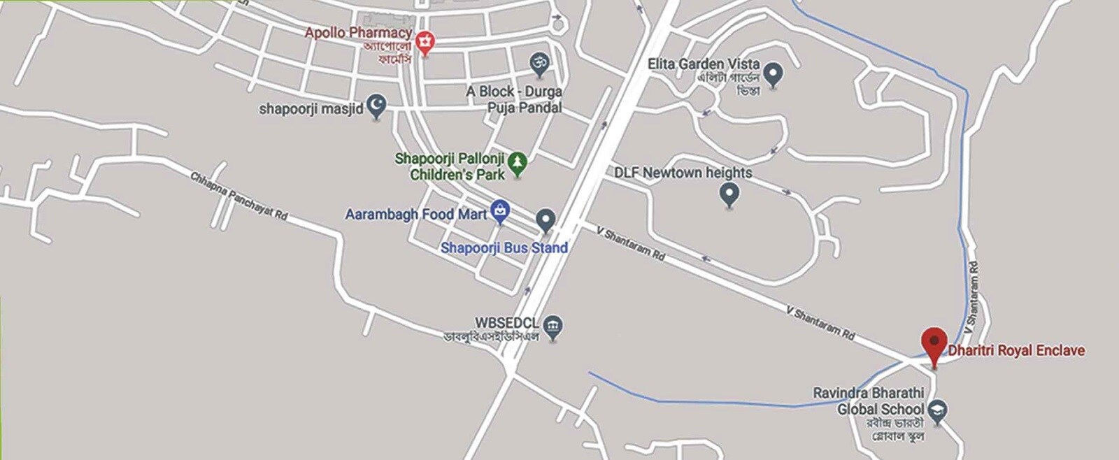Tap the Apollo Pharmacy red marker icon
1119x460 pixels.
tap(425, 43)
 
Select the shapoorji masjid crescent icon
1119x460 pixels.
tap(377, 106)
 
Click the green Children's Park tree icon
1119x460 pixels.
tap(517, 164)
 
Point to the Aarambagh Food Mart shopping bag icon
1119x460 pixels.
tap(499, 210)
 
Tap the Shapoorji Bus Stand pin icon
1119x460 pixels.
tap(546, 220)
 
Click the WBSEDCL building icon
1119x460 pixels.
tap(553, 326)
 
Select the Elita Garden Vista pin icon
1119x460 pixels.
tap(773, 73)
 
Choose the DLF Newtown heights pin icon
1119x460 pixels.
tap(729, 194)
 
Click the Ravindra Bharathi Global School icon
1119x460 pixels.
tap(938, 411)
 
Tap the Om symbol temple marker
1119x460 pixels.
tap(538, 64)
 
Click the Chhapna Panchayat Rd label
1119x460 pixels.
tap(239, 196)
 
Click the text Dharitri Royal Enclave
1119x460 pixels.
tap(1016, 350)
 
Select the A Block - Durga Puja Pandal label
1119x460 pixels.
tap(515, 99)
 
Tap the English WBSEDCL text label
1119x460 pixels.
tap(507, 323)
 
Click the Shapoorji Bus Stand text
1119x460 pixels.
tap(504, 247)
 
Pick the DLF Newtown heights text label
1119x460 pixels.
tap(683, 173)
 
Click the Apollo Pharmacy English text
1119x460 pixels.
tap(358, 33)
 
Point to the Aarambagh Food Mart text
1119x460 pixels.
tap(416, 215)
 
